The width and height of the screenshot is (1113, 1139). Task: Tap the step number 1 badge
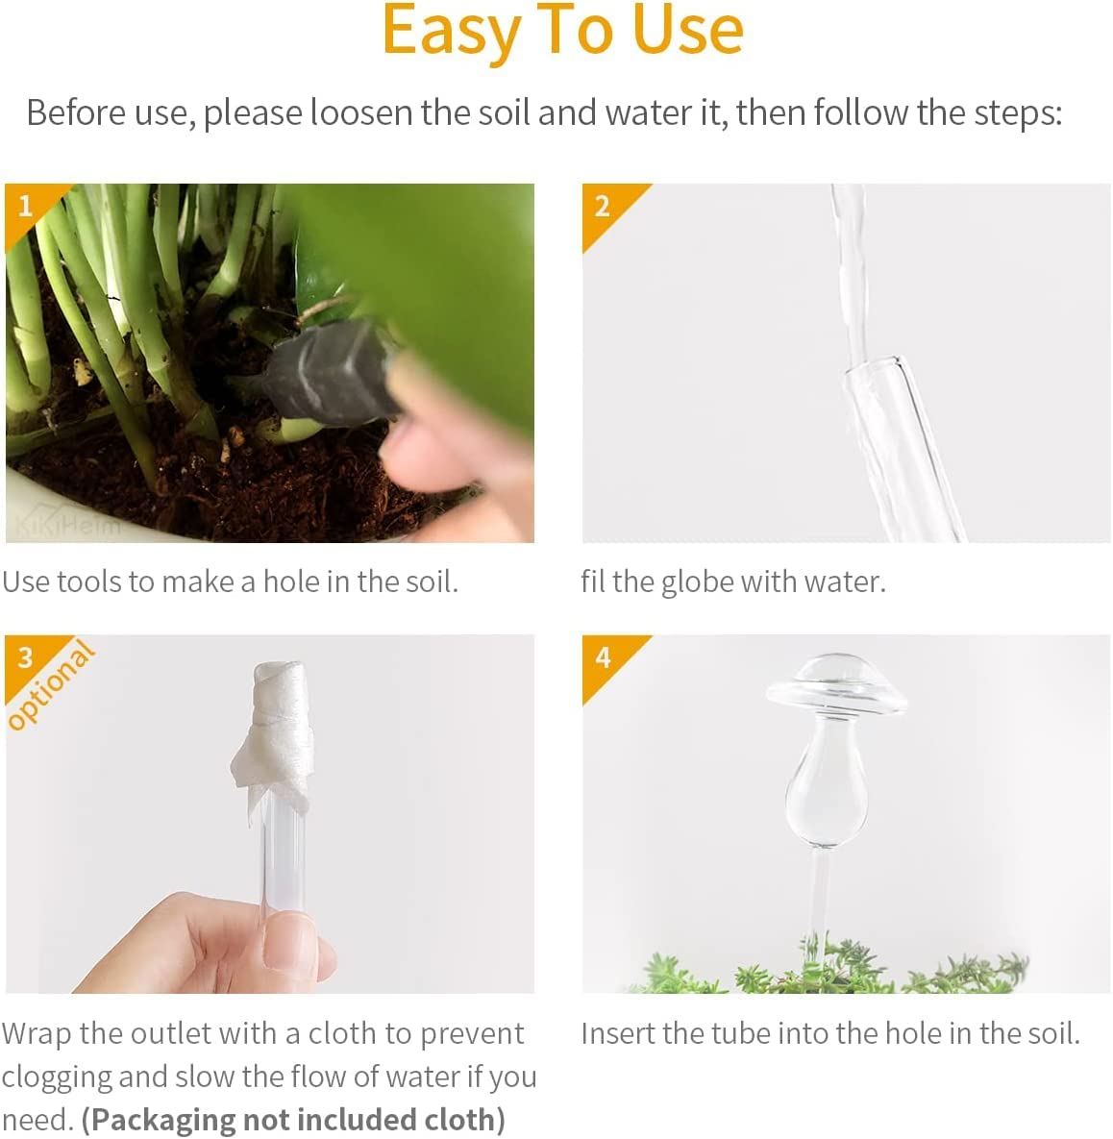coord(25,205)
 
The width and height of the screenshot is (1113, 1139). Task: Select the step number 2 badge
coord(603,205)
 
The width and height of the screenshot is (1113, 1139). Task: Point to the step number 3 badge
coord(25,657)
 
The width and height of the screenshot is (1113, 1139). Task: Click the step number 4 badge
coord(603,657)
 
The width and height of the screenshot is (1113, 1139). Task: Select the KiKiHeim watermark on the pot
coord(67,525)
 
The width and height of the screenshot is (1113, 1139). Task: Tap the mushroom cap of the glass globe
coord(833,685)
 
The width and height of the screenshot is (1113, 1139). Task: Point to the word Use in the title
coord(688,31)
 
